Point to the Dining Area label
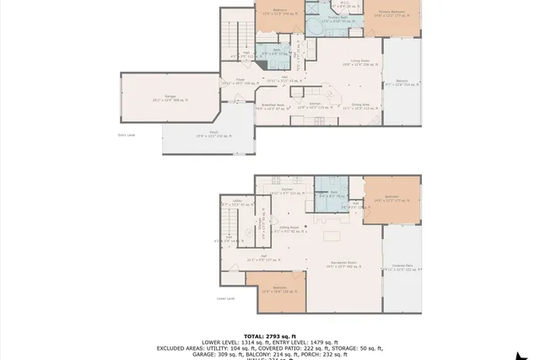358,106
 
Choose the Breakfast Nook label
272,106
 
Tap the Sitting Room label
289,228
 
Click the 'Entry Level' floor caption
127,134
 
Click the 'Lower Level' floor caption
225,298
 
